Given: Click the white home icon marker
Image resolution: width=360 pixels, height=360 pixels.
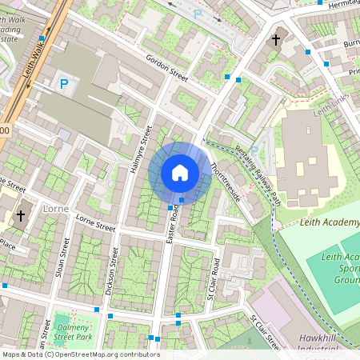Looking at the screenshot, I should click(180, 172).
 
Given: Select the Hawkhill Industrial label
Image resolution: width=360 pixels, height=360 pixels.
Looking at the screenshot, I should click(322, 344).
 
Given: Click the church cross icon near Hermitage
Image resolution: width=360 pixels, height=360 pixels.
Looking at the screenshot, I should click(276, 38).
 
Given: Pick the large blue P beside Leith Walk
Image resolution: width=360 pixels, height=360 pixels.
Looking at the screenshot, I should click(63, 83).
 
